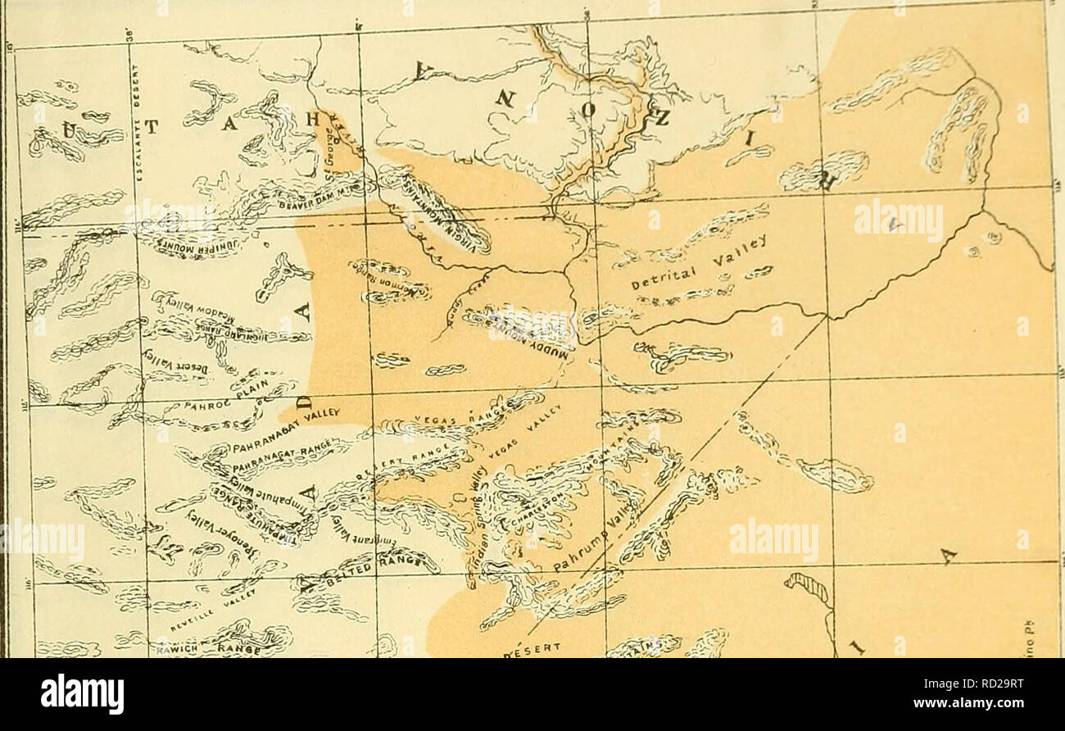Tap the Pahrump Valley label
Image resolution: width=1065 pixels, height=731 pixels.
585,540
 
